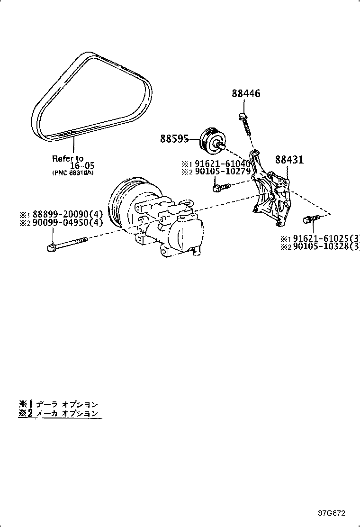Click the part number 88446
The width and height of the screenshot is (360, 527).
click(246, 94)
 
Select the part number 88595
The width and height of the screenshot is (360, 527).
click(174, 139)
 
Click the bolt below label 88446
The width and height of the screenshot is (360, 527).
click(245, 125)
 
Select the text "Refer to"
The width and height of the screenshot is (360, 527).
click(68, 158)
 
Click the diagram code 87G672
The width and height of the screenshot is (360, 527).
click(332, 513)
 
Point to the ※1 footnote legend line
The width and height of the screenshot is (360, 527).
click(59, 404)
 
